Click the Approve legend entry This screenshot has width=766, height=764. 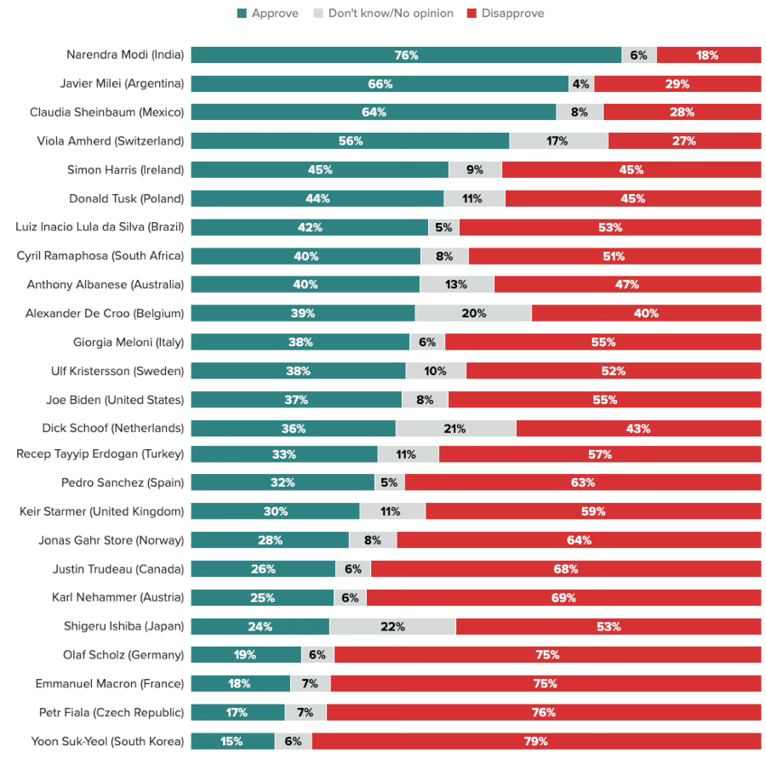[x=267, y=14]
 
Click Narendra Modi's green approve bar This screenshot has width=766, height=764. [x=406, y=55]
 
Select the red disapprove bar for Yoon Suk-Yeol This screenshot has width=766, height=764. [x=536, y=741]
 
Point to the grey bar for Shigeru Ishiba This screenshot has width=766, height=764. [x=392, y=627]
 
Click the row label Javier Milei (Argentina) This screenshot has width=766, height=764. [x=122, y=84]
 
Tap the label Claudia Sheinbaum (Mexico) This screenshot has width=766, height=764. [x=106, y=112]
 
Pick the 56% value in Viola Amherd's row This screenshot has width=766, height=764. [x=351, y=141]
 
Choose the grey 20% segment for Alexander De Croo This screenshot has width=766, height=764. [x=474, y=313]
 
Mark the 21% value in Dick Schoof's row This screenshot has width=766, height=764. [x=455, y=428]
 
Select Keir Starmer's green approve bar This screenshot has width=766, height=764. [x=275, y=511]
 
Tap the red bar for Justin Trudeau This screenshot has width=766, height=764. [x=566, y=569]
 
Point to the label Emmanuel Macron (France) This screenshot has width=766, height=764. [x=110, y=683]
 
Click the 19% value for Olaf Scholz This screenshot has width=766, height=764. [x=244, y=655]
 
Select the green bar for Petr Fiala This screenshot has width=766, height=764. [x=237, y=712]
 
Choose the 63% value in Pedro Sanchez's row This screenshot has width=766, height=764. [x=583, y=482]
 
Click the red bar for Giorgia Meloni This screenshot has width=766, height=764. [x=603, y=342]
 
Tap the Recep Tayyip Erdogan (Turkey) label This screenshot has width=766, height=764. [x=100, y=454]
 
